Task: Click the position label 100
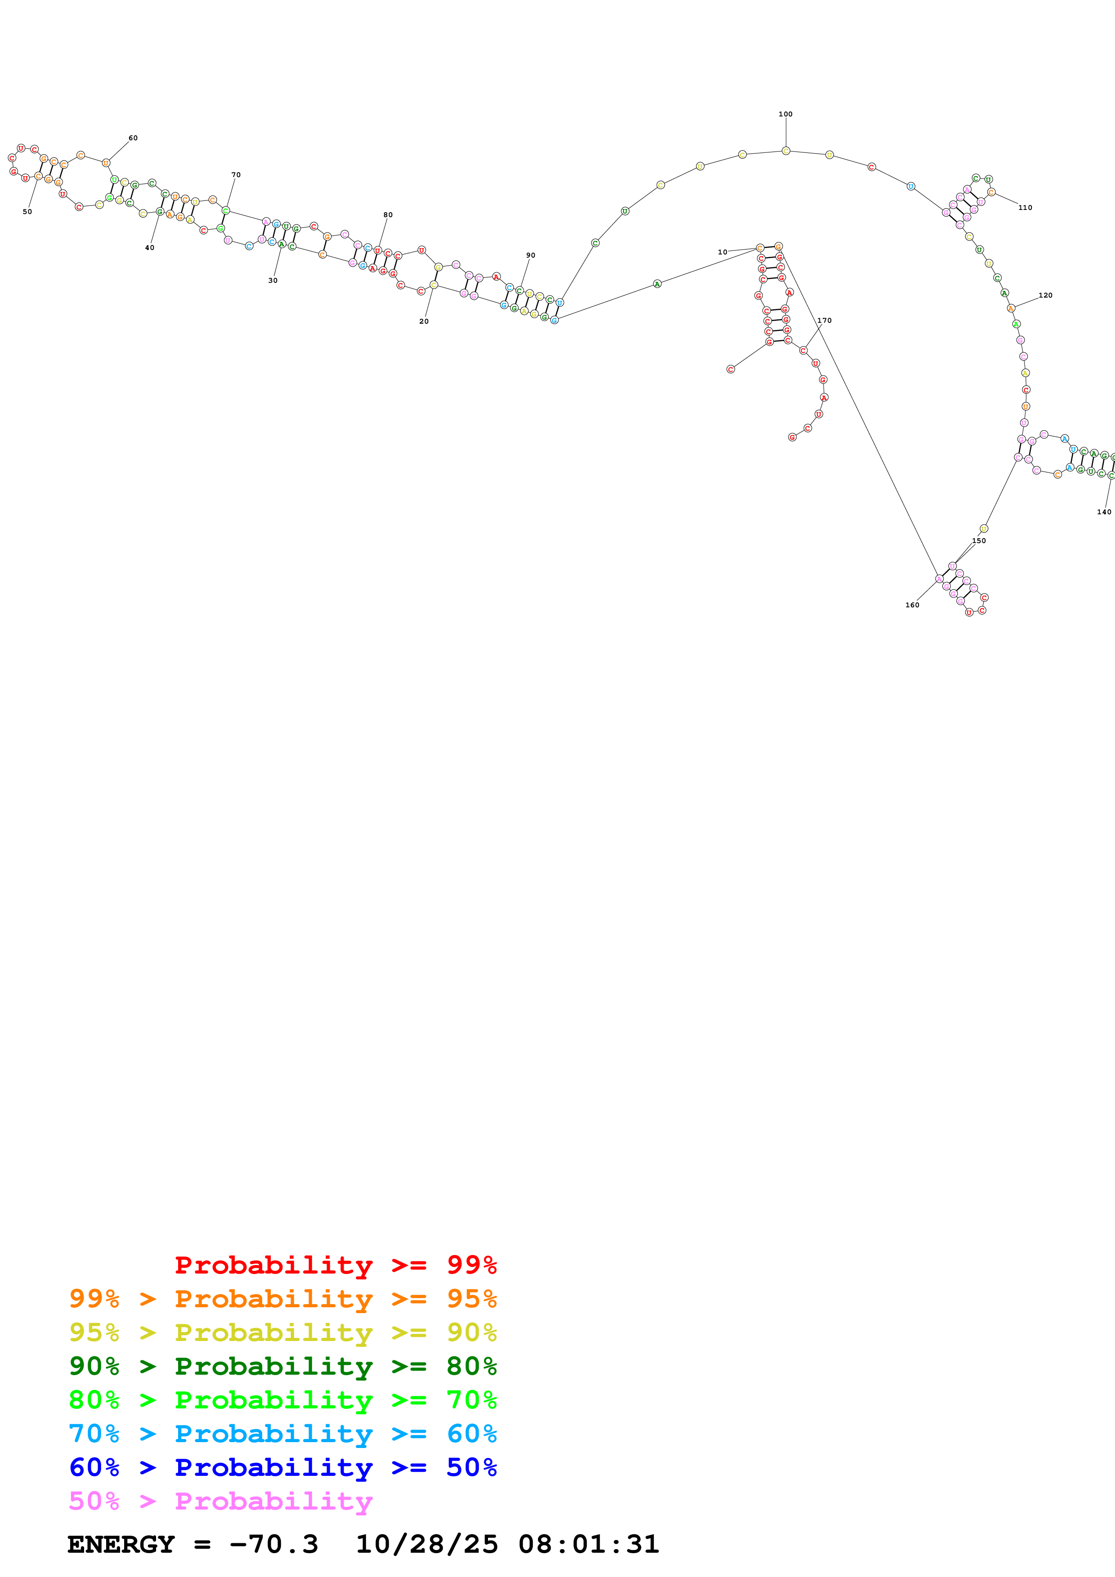[x=785, y=114]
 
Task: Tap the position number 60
[x=133, y=138]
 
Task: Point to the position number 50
[x=27, y=212]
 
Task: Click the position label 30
[x=273, y=280]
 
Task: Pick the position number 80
[x=388, y=215]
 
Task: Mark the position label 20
[x=424, y=321]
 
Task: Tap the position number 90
[x=530, y=255]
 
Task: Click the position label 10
[x=722, y=252]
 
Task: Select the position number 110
[x=1025, y=207]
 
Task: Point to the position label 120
[x=1045, y=295]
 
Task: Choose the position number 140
[x=1103, y=512]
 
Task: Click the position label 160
[x=912, y=605]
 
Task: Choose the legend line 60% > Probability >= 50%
[x=282, y=1467]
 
